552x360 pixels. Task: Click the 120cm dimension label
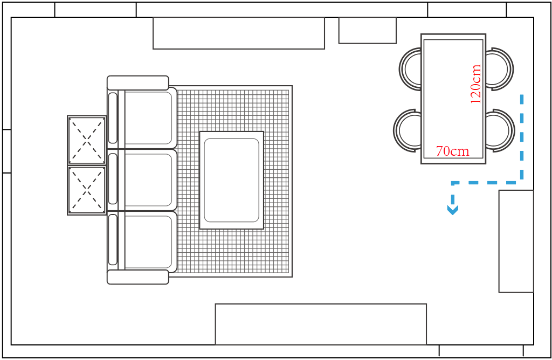pyautogui.click(x=475, y=84)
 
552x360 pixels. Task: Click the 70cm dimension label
pyautogui.click(x=452, y=151)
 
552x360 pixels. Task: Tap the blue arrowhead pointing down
pyautogui.click(x=453, y=209)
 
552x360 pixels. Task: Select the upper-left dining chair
pyautogui.click(x=411, y=69)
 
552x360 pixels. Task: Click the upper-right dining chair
pyautogui.click(x=498, y=69)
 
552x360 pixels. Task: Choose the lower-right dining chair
pyautogui.click(x=499, y=130)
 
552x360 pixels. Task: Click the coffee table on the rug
pyautogui.click(x=231, y=180)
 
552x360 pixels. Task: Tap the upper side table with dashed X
pyautogui.click(x=87, y=140)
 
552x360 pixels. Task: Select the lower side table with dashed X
pyautogui.click(x=87, y=190)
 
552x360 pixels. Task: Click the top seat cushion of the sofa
pyautogui.click(x=148, y=117)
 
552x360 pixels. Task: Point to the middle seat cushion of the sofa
pyautogui.click(x=148, y=179)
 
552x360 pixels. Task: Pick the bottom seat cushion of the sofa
pyautogui.click(x=148, y=241)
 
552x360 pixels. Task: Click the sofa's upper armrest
pyautogui.click(x=138, y=82)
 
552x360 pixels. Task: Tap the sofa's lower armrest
pyautogui.click(x=138, y=277)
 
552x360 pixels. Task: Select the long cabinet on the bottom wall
pyautogui.click(x=321, y=324)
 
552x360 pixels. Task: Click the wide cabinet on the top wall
pyautogui.click(x=239, y=33)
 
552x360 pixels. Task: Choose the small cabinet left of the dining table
pyautogui.click(x=367, y=30)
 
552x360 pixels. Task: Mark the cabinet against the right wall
pyautogui.click(x=516, y=241)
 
